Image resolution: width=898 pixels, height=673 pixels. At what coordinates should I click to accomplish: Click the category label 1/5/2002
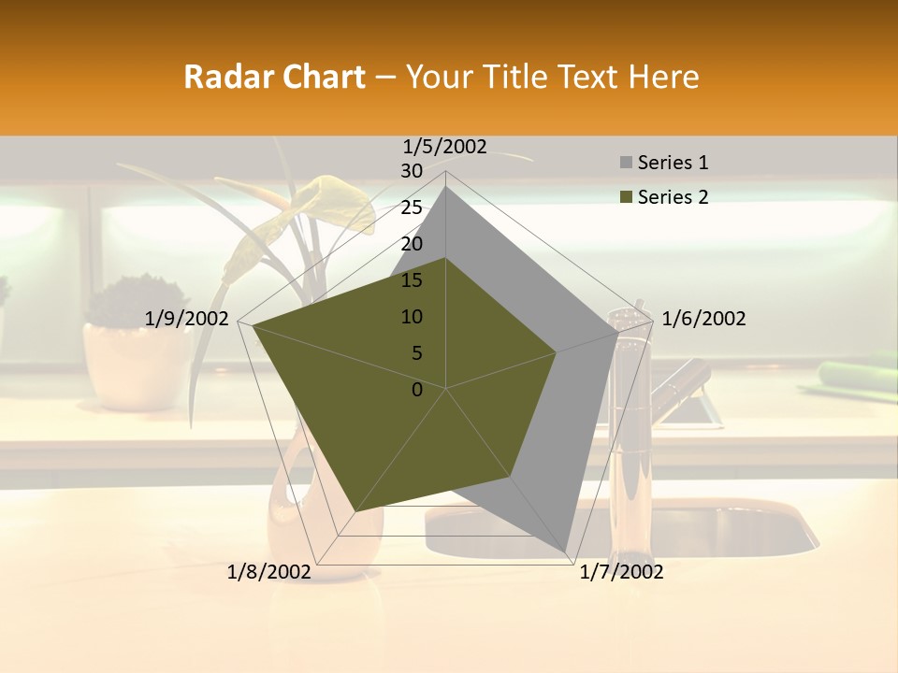click(x=445, y=146)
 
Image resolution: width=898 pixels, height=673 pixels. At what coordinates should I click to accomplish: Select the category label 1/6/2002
click(x=703, y=319)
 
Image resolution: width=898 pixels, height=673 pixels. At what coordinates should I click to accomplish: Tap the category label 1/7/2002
click(x=621, y=572)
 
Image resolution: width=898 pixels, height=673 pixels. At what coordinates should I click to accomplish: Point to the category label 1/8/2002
click(x=269, y=572)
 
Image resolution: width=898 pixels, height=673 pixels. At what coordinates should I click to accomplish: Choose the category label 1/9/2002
click(x=187, y=319)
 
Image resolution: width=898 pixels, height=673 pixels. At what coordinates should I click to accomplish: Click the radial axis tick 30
click(x=412, y=171)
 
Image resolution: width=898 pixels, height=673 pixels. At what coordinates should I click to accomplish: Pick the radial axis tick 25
click(x=412, y=208)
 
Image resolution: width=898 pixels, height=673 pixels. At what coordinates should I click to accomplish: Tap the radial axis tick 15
click(x=412, y=280)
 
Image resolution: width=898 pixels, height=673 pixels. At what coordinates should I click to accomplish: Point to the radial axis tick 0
click(x=417, y=390)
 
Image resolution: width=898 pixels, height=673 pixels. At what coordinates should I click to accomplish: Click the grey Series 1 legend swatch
click(x=625, y=164)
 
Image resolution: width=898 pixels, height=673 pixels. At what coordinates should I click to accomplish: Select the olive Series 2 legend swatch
click(x=625, y=197)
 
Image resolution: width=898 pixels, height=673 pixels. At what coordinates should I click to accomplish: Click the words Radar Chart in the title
click(x=274, y=77)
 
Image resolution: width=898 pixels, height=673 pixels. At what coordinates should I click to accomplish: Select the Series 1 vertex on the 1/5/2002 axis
click(x=446, y=186)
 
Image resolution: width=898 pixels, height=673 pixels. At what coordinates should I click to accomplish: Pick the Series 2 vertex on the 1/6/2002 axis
click(x=557, y=352)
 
